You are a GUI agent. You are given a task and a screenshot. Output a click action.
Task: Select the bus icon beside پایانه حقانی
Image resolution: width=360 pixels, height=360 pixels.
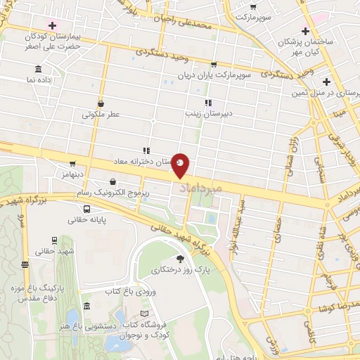coord(86,209)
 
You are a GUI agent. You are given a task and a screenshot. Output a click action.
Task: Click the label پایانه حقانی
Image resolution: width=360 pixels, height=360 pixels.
coord(86,220)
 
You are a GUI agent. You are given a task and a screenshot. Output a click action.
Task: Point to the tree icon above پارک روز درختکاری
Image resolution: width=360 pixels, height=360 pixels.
coord(180,259)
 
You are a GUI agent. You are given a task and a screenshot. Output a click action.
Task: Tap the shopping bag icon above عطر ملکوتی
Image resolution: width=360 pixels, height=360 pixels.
coord(101,103)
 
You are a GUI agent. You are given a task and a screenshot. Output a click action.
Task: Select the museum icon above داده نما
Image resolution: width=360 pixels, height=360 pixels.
coord(37,69)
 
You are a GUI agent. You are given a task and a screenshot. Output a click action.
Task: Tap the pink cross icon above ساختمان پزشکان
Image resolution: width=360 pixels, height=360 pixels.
coord(304,31)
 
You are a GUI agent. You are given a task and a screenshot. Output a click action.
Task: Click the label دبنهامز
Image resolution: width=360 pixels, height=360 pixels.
coord(72,174)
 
